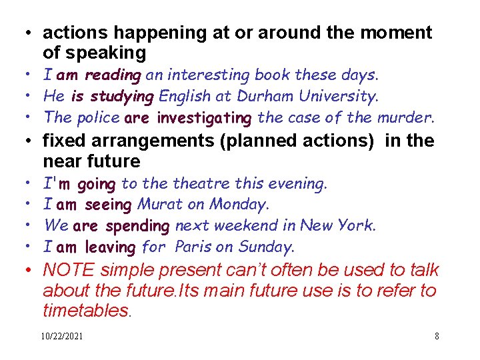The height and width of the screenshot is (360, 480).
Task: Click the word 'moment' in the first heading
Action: coord(399,32)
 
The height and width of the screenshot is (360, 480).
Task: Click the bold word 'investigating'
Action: coord(205,118)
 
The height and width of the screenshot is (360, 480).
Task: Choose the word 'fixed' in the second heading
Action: coord(63,141)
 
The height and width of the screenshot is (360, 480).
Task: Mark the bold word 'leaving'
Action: coord(110,247)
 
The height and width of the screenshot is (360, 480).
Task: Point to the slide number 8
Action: coord(437,337)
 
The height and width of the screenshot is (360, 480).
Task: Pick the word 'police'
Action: coord(99,118)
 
